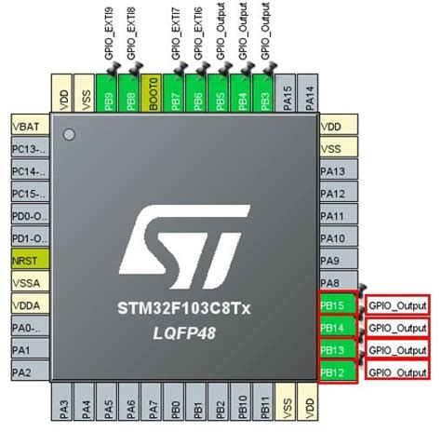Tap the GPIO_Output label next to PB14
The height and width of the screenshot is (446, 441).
[397, 327]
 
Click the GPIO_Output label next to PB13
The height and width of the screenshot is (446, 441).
[397, 349]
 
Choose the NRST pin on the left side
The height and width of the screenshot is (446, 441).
[29, 260]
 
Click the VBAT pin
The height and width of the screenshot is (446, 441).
[29, 126]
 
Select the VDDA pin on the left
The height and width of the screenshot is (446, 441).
[29, 304]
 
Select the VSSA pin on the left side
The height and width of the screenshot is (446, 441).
[29, 282]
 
